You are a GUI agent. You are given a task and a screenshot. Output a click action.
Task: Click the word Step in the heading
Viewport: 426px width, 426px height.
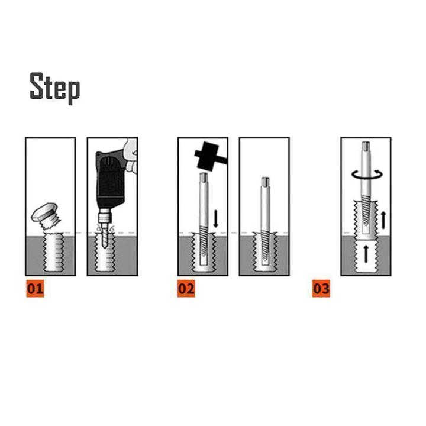(x=55, y=88)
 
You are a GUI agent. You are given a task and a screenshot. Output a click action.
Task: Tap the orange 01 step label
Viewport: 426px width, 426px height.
(x=34, y=289)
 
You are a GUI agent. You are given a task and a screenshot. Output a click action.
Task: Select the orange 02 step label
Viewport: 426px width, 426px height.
(x=186, y=289)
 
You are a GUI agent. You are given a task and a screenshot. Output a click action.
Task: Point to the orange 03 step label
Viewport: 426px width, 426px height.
(x=321, y=289)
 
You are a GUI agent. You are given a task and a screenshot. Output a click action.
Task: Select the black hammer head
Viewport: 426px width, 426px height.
(x=207, y=155)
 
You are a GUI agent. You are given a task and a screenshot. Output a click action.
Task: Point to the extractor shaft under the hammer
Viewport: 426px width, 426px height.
(x=203, y=201)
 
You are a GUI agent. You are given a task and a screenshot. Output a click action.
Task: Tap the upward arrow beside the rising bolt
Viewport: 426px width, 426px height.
(x=383, y=220)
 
